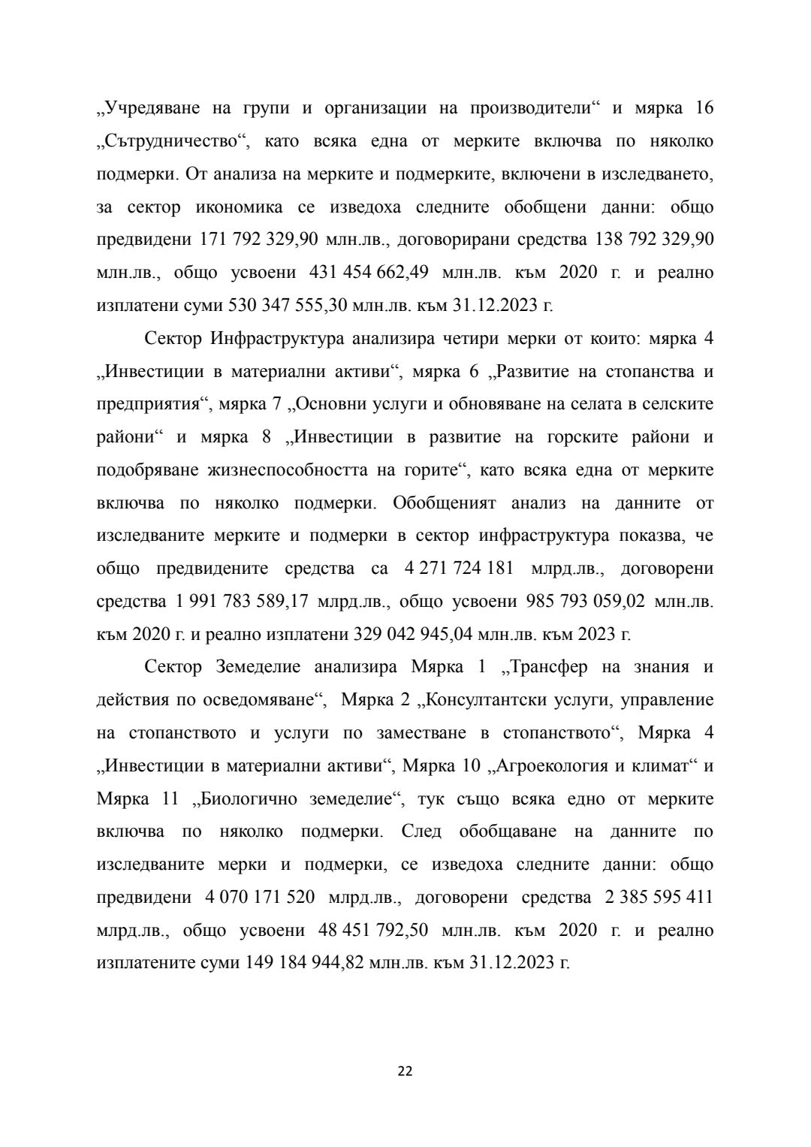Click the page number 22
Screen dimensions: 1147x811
(405, 1070)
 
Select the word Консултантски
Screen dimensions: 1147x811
(484, 700)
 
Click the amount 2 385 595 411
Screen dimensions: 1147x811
(654, 897)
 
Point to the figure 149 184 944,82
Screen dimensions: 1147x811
(307, 962)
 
